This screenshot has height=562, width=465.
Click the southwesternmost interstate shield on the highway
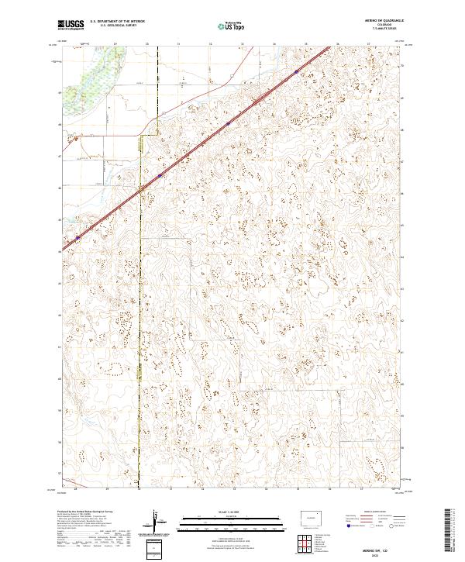coord(77,238)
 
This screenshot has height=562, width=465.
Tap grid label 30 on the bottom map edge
coord(139,489)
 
